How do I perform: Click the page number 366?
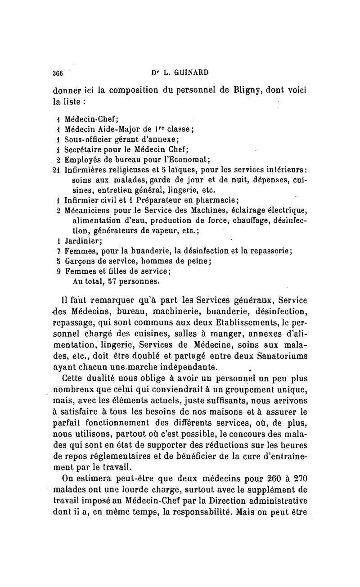(x=58, y=74)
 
